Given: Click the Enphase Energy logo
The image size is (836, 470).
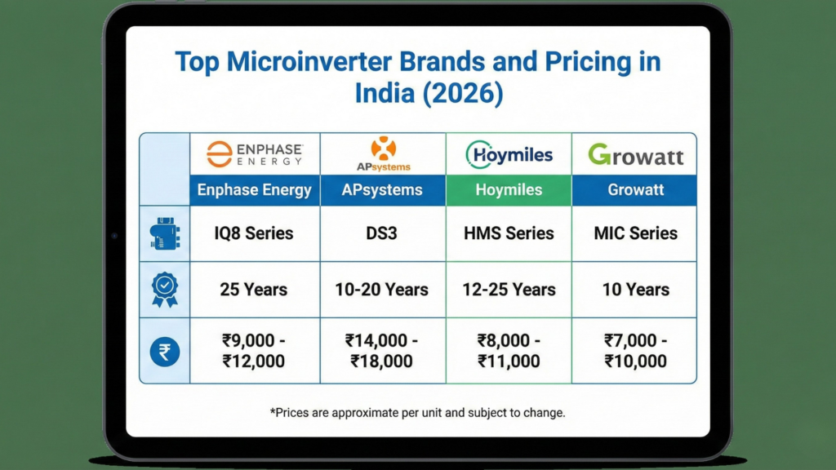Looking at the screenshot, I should pyautogui.click(x=254, y=153).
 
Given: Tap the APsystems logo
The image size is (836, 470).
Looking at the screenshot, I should pyautogui.click(x=383, y=153).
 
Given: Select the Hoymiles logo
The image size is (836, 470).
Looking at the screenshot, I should pyautogui.click(x=509, y=153).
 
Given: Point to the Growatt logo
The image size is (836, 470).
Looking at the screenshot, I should pyautogui.click(x=635, y=154).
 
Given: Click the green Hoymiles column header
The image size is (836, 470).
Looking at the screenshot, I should pyautogui.click(x=509, y=190).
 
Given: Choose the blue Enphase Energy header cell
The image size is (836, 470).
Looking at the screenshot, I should pyautogui.click(x=254, y=190).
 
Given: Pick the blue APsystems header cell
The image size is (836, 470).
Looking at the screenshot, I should pyautogui.click(x=383, y=190).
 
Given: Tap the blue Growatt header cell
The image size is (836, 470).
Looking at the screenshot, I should pyautogui.click(x=635, y=190).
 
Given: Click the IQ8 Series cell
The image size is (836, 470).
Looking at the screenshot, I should pyautogui.click(x=254, y=233).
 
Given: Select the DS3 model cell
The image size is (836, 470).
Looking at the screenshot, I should pyautogui.click(x=383, y=233).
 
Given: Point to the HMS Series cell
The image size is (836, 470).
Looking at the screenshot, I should pyautogui.click(x=509, y=233).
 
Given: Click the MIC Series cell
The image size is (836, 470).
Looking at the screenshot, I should pyautogui.click(x=635, y=233).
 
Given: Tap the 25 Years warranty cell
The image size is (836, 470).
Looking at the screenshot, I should pyautogui.click(x=254, y=290).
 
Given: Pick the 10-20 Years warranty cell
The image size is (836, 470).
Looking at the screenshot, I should pyautogui.click(x=383, y=290).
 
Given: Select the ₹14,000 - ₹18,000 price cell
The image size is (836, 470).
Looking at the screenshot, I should pyautogui.click(x=383, y=351).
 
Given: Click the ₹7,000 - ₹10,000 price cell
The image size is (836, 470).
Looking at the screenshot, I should pyautogui.click(x=635, y=351).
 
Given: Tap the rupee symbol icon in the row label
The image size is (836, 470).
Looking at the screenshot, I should pyautogui.click(x=165, y=352).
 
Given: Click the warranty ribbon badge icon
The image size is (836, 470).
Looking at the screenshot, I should pyautogui.click(x=165, y=290).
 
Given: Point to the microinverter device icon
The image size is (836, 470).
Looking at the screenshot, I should pyautogui.click(x=165, y=233).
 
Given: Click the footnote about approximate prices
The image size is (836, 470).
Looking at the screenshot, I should pyautogui.click(x=417, y=413).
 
